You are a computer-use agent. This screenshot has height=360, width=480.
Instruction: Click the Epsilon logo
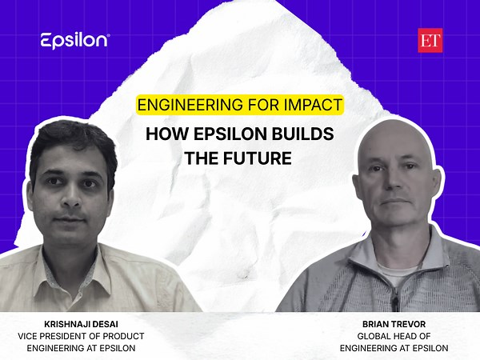coord(74,40)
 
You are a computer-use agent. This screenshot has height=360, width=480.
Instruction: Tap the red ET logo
coord(430,40)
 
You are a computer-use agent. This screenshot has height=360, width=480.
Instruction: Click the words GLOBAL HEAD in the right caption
coord(374,337)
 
